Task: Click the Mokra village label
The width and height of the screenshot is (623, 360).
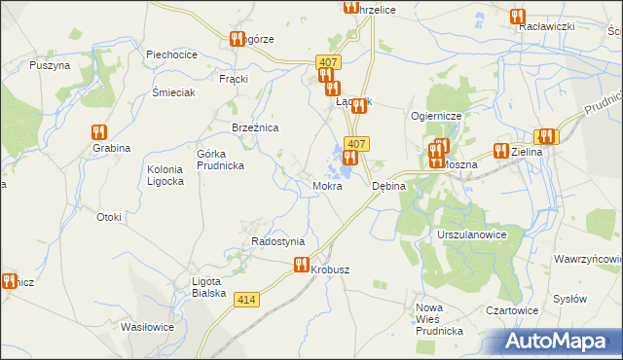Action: tap(327, 185)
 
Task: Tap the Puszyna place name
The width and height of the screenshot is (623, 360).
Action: tap(50, 65)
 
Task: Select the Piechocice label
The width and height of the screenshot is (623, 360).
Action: tap(172, 54)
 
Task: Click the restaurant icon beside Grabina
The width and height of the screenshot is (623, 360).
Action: tap(98, 132)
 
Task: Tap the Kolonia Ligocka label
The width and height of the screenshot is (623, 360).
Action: tap(165, 175)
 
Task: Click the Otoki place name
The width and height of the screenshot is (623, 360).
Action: tap(108, 217)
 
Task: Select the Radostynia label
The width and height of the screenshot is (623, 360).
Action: tap(278, 241)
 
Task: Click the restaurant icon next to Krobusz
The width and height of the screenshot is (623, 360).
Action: tap(301, 264)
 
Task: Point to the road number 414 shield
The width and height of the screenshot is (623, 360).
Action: tap(246, 301)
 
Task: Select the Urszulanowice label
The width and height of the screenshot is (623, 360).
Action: tap(473, 236)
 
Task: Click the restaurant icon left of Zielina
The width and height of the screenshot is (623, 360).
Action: tap(500, 150)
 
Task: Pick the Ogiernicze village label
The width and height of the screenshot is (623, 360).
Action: tap(442, 115)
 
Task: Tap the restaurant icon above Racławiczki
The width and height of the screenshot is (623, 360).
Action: tap(517, 17)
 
